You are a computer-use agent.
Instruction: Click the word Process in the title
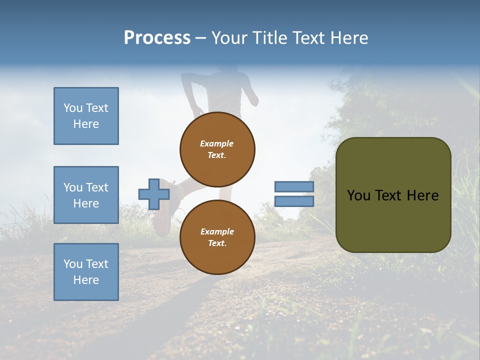157,37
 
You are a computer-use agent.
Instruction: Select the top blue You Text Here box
86,116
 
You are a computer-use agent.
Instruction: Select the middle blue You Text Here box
86,195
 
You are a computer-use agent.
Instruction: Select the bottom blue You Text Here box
86,271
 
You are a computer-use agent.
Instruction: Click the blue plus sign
153,194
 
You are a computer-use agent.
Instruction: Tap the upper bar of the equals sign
294,187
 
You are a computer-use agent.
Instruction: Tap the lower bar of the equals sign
294,201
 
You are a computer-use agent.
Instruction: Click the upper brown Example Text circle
217,149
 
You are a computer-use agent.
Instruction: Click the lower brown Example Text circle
217,237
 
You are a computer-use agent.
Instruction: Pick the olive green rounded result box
393,194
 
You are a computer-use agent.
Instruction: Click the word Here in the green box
423,195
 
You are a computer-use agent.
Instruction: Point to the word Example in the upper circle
216,143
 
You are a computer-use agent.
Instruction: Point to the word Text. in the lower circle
217,243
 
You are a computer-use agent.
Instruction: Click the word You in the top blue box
73,108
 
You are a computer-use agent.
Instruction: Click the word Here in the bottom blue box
86,280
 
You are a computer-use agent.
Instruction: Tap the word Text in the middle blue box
97,187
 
